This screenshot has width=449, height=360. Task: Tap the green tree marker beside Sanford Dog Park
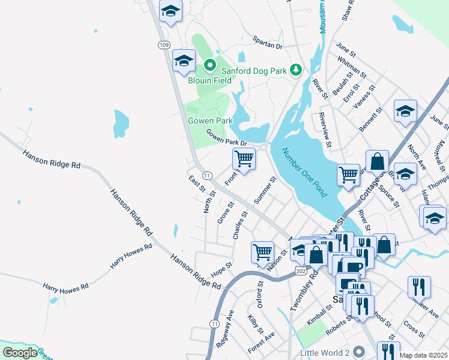[x=295, y=70]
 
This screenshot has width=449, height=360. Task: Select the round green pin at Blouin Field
[x=210, y=65]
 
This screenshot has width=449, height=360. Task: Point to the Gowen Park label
[x=210, y=121]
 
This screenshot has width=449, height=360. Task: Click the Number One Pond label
[x=304, y=173]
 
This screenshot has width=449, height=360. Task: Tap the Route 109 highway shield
[x=164, y=45]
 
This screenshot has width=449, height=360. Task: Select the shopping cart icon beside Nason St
[x=262, y=252]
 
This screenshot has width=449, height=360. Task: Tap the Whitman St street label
[x=352, y=67]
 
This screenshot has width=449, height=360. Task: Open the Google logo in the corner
[x=20, y=353]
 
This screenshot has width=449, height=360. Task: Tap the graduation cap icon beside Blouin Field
[x=184, y=60]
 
